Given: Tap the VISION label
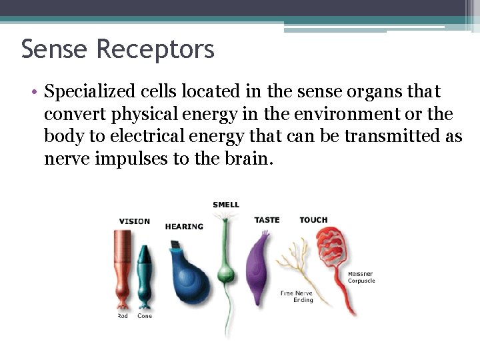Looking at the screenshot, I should point(134,221).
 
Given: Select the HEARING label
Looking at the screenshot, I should point(184,227).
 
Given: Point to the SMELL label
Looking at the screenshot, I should point(226,205).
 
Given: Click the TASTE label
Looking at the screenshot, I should point(267,220).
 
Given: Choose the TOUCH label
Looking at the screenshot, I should point(313,220).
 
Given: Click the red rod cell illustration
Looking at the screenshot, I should point(122,267).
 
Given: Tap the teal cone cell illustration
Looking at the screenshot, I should point(144,273).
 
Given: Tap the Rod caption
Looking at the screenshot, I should point(123,316).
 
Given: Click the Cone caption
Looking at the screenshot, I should point(145,316).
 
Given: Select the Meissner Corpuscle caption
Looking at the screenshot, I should point(361,277).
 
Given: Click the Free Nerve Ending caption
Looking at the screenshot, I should point(297,297).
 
